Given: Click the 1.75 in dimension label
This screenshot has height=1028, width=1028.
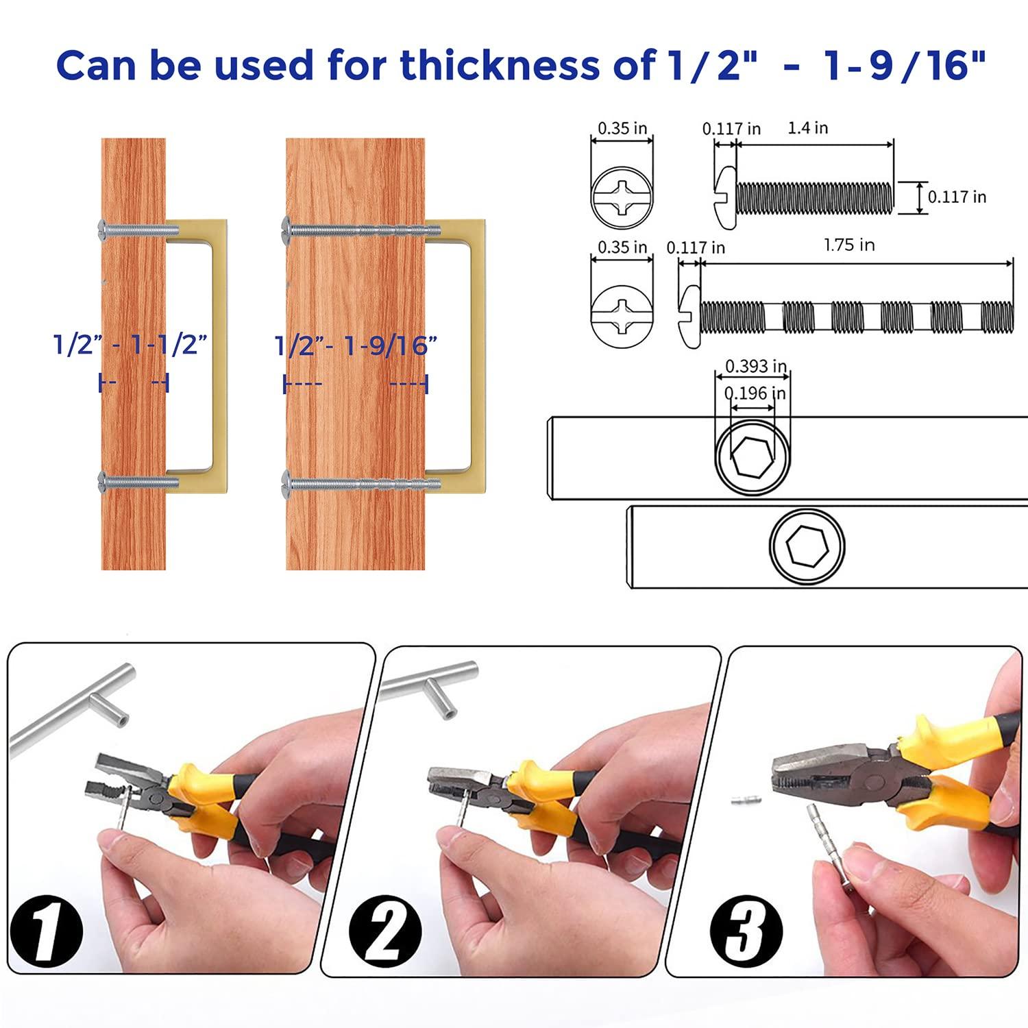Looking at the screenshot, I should click(849, 245).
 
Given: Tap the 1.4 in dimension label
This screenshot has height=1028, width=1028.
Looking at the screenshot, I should click(807, 128).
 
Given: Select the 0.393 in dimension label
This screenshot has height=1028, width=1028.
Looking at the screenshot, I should click(755, 366).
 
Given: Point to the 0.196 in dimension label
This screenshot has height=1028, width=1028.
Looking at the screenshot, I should click(755, 393).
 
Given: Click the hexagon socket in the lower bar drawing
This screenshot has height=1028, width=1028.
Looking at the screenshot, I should click(807, 547).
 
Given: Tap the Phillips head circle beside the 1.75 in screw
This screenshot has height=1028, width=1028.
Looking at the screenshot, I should click(622, 316).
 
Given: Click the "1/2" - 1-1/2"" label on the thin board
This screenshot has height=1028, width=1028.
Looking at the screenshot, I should click(130, 344).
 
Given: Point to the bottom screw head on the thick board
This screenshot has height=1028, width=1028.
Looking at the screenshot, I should click(288, 483).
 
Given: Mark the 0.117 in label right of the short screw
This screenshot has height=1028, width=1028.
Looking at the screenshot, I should click(957, 197).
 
